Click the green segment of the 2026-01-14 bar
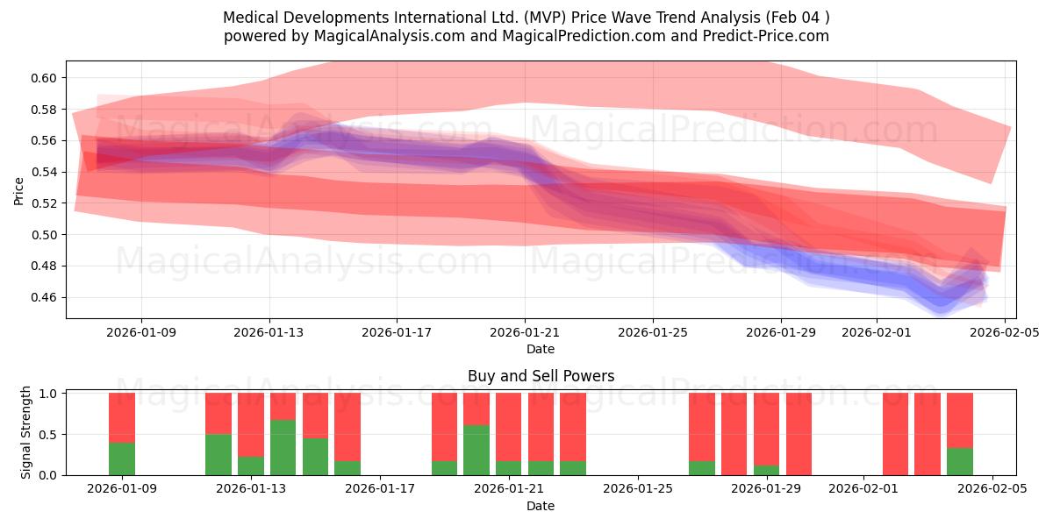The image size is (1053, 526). tap(283, 448)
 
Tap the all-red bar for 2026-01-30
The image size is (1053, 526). tap(799, 434)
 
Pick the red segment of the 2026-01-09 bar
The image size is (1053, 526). tap(122, 417)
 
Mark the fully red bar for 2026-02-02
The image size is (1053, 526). tap(895, 434)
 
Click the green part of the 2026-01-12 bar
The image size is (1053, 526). tap(218, 455)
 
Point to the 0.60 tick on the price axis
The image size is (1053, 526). tap(44, 78)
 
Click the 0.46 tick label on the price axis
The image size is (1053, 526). tap(44, 298)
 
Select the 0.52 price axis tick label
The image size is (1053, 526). tap(44, 203)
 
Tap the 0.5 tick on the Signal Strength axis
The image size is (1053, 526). tap(48, 435)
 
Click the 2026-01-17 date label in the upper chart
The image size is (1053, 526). tap(397, 333)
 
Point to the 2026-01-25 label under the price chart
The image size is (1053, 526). tap(653, 333)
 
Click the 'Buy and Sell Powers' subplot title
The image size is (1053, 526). tap(541, 377)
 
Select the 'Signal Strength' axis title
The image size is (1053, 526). tap(26, 432)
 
